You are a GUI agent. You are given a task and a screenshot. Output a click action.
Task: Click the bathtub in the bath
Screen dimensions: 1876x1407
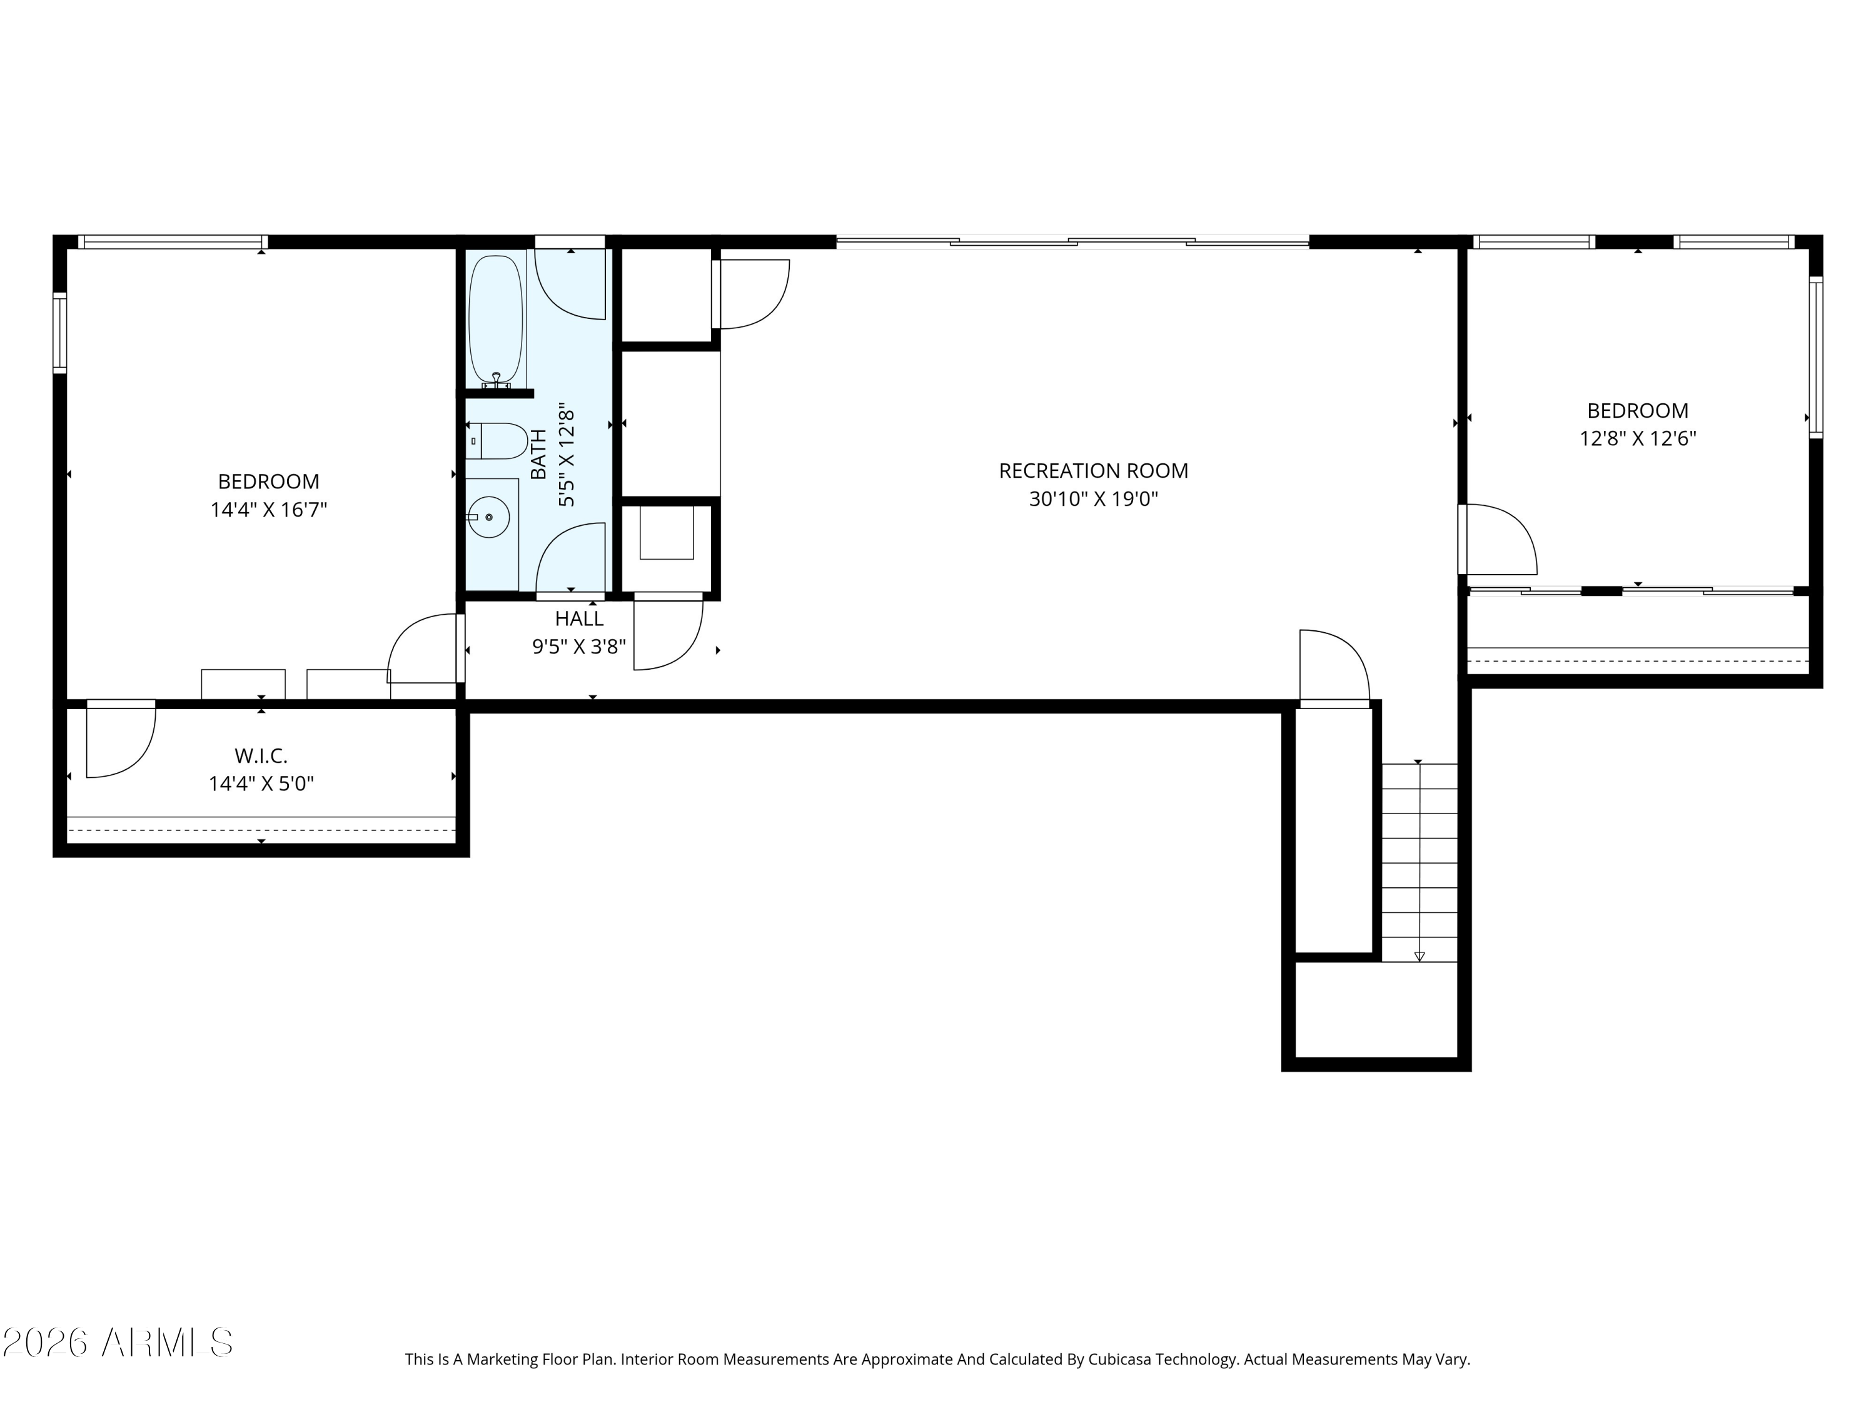tap(496, 320)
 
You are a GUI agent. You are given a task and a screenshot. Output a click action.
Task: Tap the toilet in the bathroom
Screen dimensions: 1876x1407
tap(498, 441)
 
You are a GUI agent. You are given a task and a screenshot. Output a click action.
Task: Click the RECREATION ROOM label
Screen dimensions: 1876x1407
tap(1093, 471)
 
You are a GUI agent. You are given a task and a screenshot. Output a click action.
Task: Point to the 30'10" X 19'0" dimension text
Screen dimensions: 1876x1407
tap(1093, 498)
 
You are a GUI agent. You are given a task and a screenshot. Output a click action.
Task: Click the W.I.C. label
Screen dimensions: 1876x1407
tap(261, 755)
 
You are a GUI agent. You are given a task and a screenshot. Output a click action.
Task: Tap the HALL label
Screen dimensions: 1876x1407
tap(579, 619)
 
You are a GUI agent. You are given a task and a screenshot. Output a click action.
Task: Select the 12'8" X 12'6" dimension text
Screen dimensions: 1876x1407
tap(1638, 438)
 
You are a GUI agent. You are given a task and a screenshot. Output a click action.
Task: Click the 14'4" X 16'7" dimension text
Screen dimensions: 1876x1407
tap(269, 510)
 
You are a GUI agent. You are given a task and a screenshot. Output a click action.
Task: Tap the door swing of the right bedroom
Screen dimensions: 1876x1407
tap(1498, 540)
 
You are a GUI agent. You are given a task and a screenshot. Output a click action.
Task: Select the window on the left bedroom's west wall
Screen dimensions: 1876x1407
tap(59, 333)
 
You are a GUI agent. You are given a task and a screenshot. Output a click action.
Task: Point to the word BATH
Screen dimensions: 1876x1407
tap(538, 455)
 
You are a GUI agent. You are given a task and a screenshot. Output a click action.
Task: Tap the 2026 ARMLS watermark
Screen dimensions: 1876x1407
tap(118, 1343)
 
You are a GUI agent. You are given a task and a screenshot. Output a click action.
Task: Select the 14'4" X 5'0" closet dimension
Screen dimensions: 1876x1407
tap(261, 784)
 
